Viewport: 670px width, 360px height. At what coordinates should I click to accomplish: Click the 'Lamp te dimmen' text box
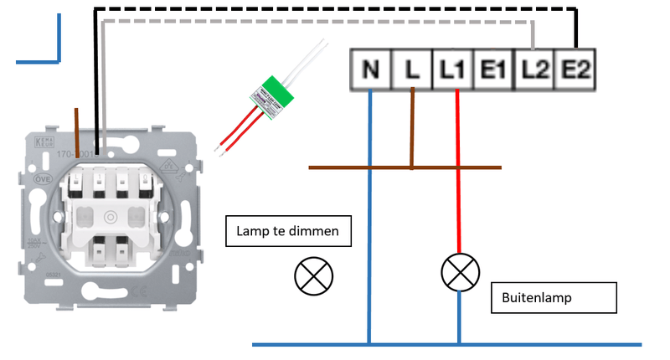click(x=287, y=231)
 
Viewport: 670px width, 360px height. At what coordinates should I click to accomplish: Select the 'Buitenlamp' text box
click(x=554, y=297)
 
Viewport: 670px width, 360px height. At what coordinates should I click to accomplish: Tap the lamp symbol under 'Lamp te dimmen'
click(x=314, y=275)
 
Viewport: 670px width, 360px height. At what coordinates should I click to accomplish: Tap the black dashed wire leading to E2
click(x=335, y=9)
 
